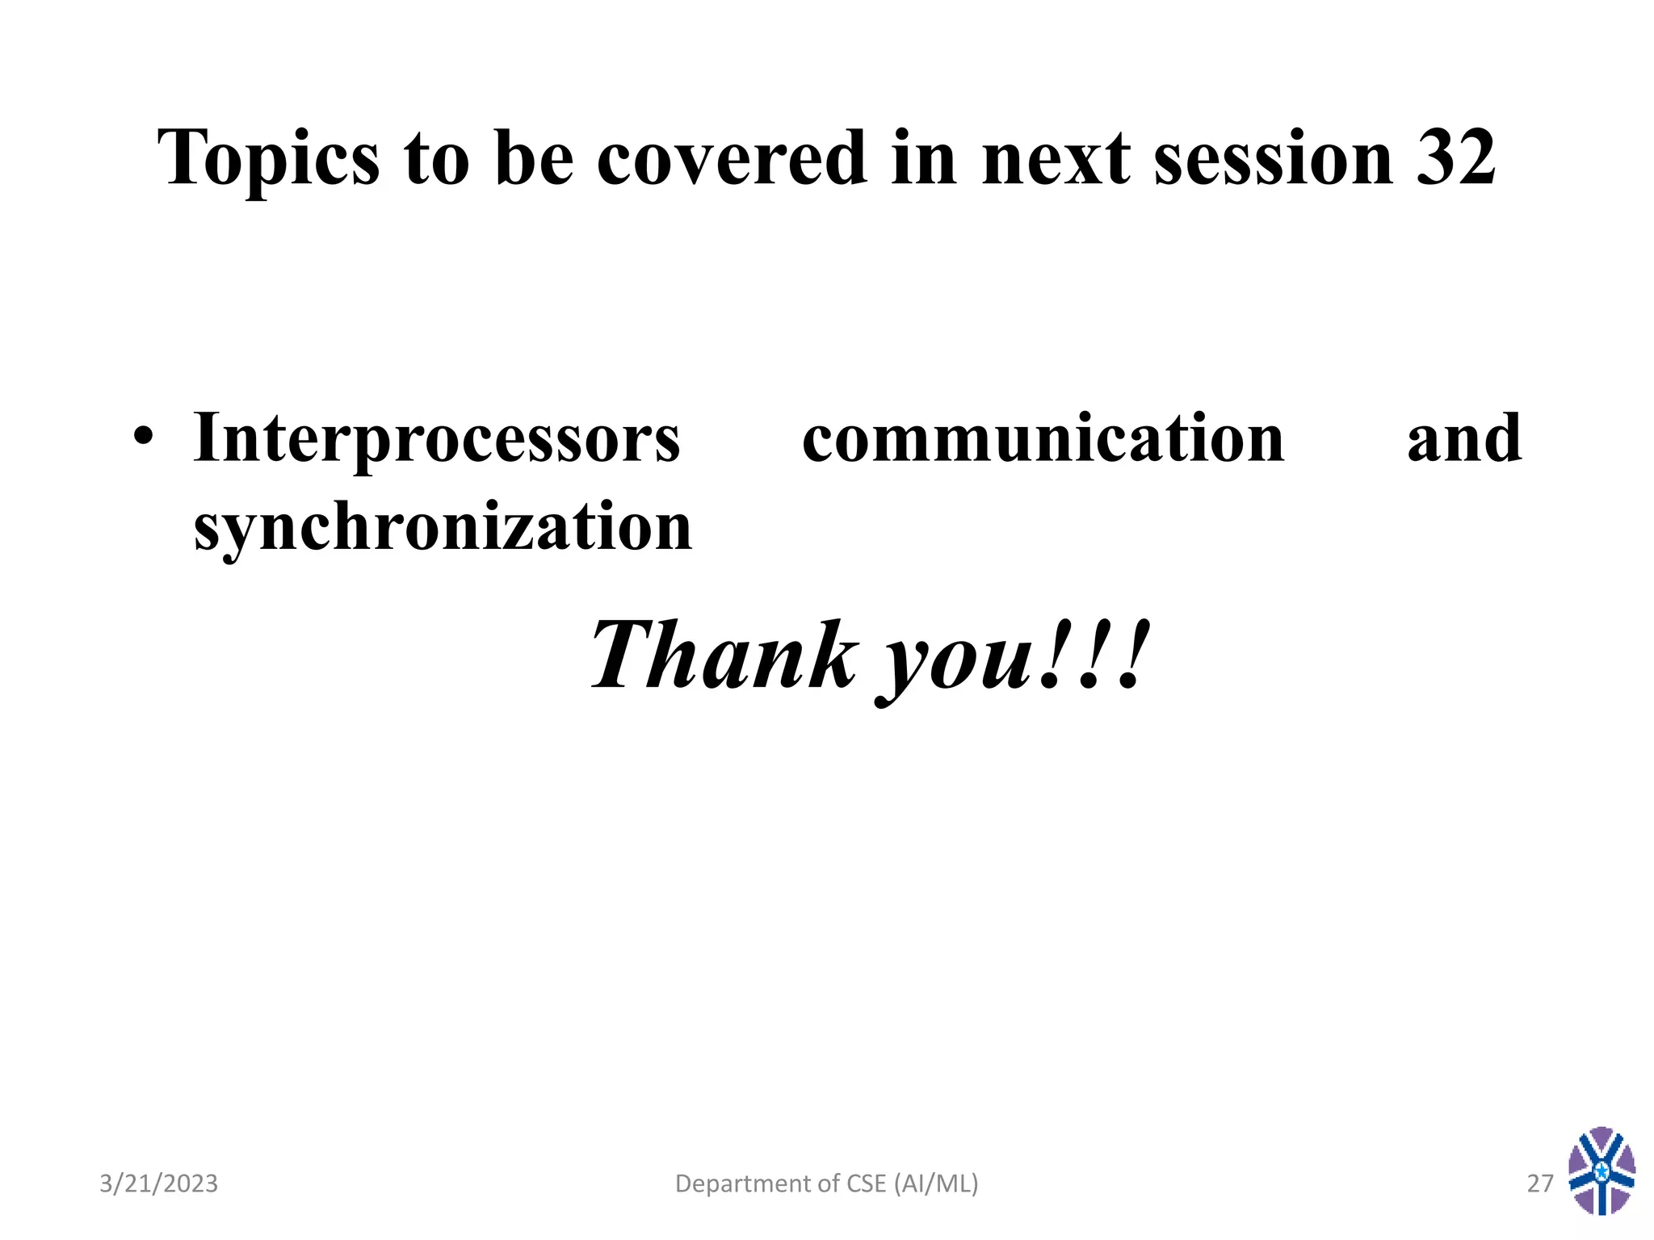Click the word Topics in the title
pos(268,160)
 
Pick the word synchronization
pos(443,526)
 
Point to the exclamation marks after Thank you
pos(1095,655)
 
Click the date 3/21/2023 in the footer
pos(158,1183)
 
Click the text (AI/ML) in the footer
pos(936,1183)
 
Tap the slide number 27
pos(1539,1183)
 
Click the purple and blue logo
pos(1602,1171)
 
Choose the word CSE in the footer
pos(867,1183)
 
